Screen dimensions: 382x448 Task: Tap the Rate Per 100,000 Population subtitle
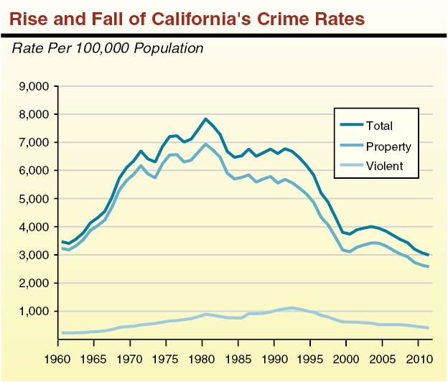coord(108,49)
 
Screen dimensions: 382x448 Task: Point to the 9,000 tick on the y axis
coord(32,86)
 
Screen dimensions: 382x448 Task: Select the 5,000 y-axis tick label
coord(32,199)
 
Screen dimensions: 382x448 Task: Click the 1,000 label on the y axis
coord(32,312)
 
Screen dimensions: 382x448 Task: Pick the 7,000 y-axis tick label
coord(32,142)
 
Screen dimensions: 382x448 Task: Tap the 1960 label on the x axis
coord(55,357)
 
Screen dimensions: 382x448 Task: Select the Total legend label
coord(379,126)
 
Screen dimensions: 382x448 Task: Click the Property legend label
coord(388,146)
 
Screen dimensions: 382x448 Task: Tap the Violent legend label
coord(385,167)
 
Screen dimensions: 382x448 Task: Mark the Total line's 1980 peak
coord(206,118)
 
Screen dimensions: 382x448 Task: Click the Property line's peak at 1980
coord(206,144)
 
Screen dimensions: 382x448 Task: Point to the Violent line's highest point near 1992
coord(291,308)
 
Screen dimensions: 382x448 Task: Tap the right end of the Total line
coord(429,255)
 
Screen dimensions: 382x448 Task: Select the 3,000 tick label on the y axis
coord(32,255)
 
